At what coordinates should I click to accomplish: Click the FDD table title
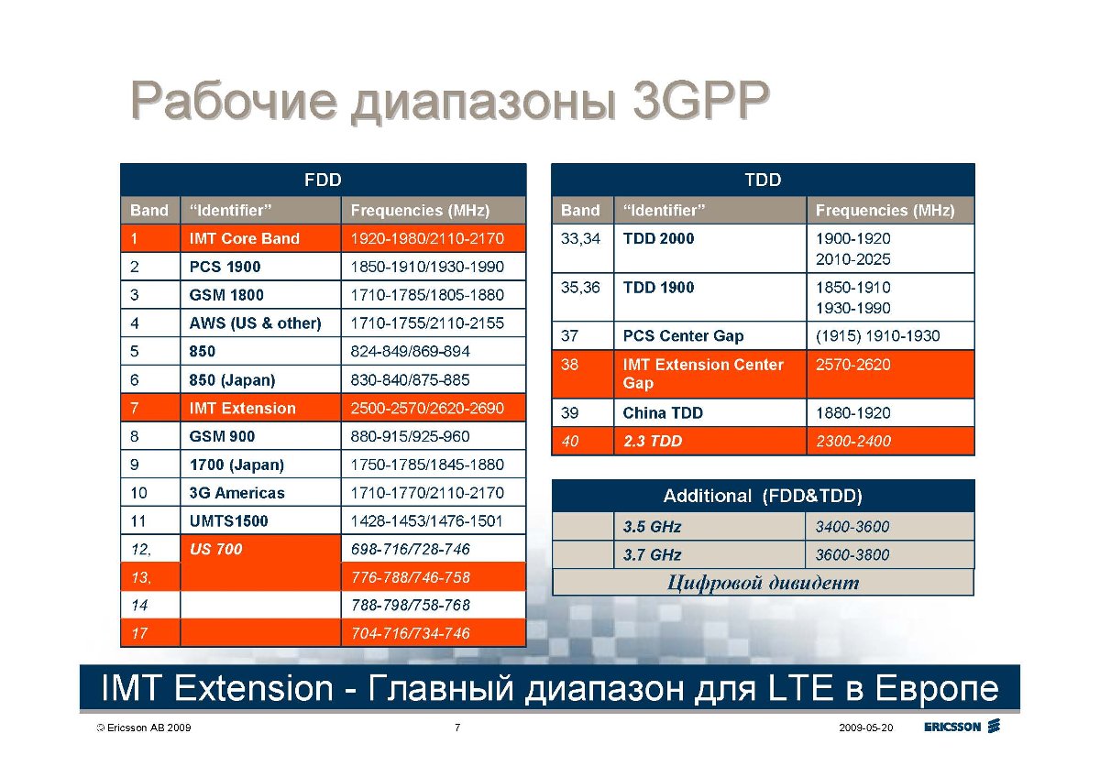323,180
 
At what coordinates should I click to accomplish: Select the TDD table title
763,180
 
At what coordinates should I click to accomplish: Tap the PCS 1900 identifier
225,267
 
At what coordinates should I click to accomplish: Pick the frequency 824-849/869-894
410,351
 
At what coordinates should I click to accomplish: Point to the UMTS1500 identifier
229,520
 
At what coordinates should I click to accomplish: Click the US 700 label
216,549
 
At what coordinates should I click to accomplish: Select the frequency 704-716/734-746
411,633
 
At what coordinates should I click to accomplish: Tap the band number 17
139,633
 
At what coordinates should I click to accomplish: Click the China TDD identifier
663,413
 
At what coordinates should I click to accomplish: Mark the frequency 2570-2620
853,364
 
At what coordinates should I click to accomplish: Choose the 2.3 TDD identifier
653,441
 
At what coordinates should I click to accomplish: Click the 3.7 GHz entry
652,554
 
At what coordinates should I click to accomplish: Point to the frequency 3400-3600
852,527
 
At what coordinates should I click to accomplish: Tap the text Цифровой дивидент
763,583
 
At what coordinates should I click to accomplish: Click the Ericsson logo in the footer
962,727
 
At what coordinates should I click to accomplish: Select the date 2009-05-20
865,728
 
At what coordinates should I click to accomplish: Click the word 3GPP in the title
700,101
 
